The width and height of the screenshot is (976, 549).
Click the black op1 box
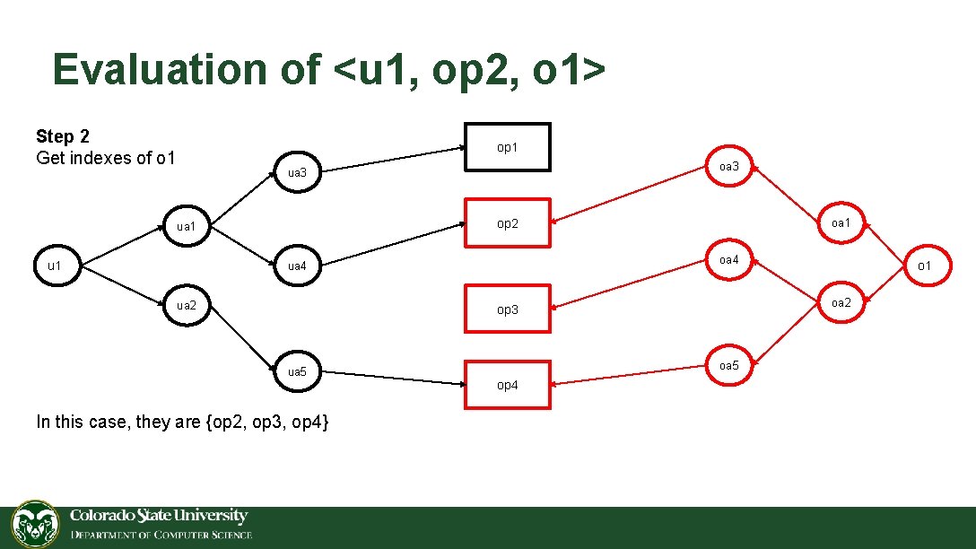click(507, 146)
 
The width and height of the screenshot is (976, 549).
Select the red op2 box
click(507, 222)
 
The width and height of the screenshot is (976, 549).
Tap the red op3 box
click(507, 309)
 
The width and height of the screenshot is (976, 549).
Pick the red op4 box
click(507, 384)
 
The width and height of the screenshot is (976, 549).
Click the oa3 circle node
click(729, 166)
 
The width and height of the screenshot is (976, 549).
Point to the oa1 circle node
click(841, 222)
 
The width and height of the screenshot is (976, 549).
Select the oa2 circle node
click(841, 302)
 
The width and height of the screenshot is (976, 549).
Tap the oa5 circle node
click(729, 365)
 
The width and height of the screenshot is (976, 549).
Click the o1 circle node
click(924, 265)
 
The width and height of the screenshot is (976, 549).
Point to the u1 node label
click(55, 265)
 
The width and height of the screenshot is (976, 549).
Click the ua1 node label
click(186, 226)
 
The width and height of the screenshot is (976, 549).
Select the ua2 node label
click(186, 305)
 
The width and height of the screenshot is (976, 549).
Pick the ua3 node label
click(297, 171)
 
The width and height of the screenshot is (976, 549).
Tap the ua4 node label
click(297, 266)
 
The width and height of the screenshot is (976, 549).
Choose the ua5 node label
click(297, 370)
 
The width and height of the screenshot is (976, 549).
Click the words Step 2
click(63, 136)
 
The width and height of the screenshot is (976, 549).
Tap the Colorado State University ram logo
click(35, 525)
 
